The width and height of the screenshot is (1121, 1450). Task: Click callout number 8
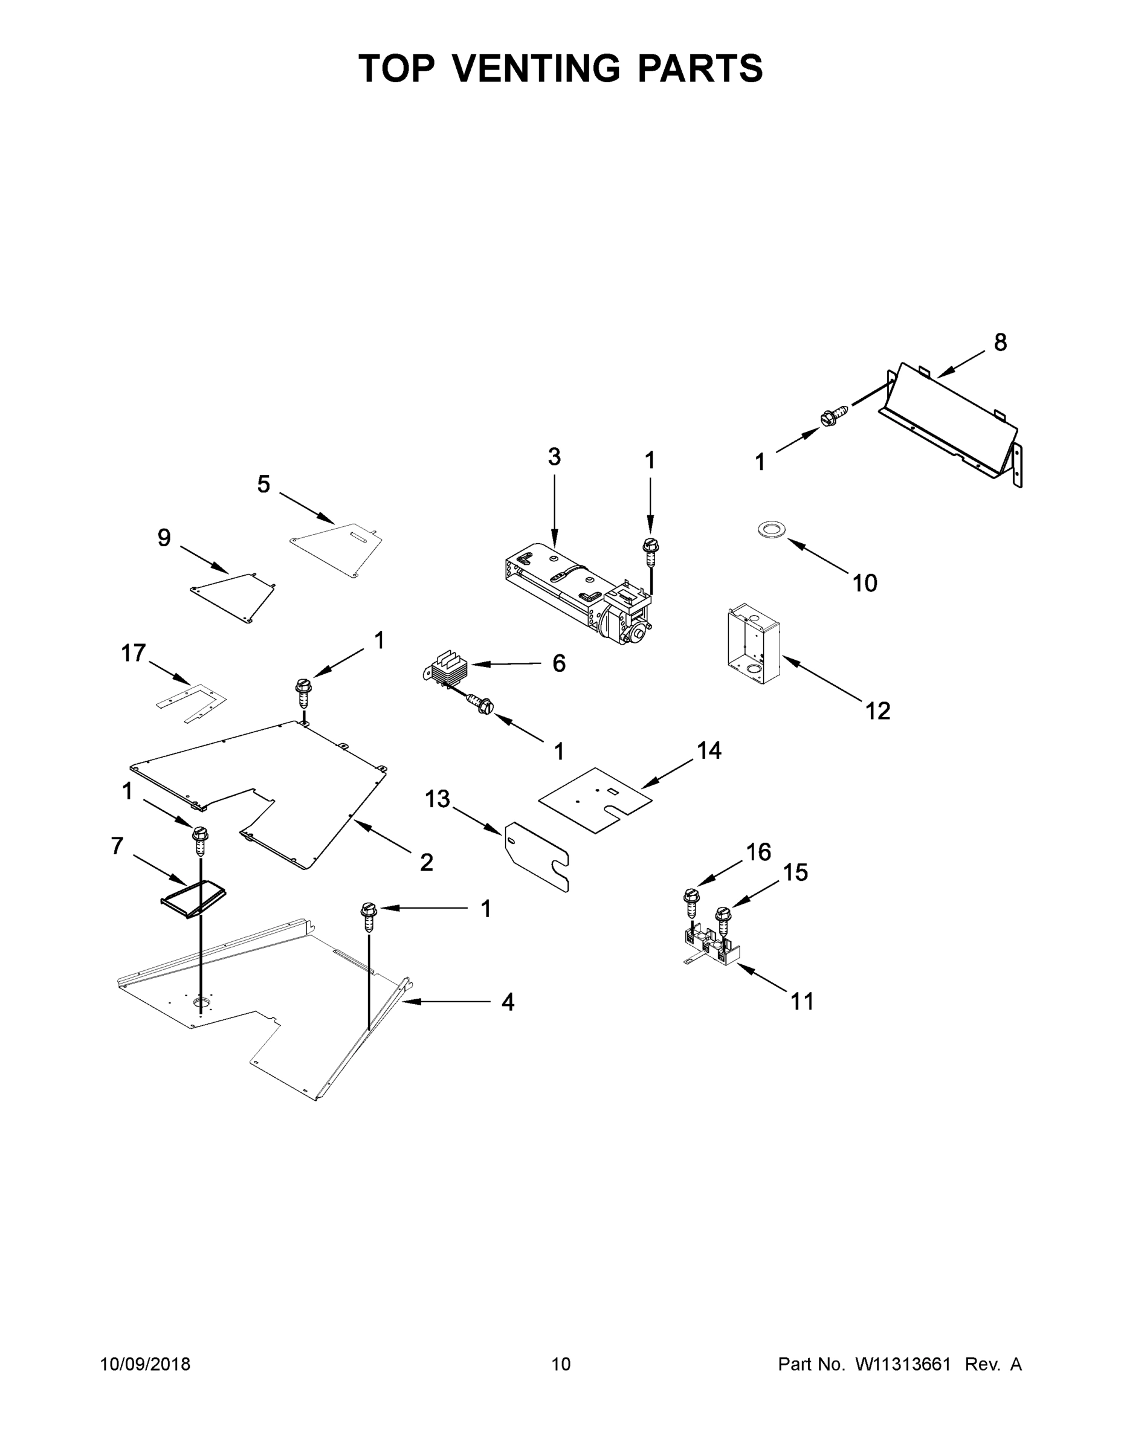1000,343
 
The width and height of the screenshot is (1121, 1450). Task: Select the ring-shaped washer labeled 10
771,529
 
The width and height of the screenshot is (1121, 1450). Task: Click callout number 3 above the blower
554,457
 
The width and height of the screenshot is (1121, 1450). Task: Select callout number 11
801,1000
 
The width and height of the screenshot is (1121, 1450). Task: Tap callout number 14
709,750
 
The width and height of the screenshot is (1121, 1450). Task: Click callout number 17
133,653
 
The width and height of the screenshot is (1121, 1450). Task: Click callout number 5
263,485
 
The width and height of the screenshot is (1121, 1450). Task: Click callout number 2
427,862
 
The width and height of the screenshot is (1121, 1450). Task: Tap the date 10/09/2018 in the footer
145,1364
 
